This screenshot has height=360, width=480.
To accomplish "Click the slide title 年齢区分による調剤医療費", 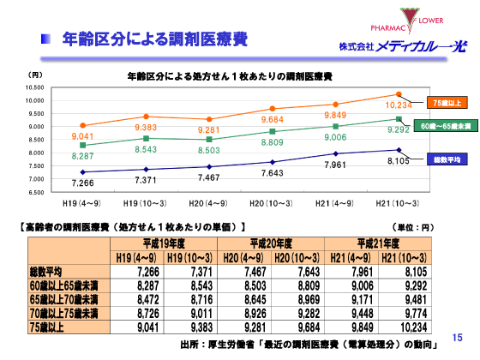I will pyautogui.click(x=154, y=39).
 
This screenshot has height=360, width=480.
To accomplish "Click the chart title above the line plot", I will pyautogui.click(x=230, y=76).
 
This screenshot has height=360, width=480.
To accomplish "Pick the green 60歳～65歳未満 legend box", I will pyautogui.click(x=449, y=126).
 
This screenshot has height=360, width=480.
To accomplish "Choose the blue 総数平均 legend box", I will pyautogui.click(x=447, y=159).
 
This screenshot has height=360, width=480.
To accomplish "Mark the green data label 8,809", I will pyautogui.click(x=273, y=143).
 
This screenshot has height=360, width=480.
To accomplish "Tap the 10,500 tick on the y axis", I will pyautogui.click(x=33, y=87).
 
